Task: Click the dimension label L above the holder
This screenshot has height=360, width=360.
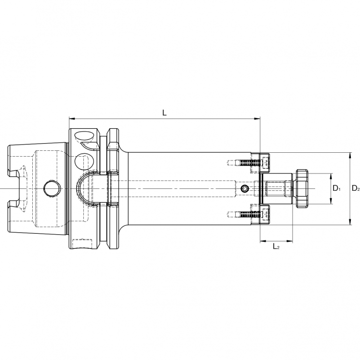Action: [164, 112]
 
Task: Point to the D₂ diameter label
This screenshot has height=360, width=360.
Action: [355, 188]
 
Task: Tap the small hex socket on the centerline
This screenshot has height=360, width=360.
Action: [245, 188]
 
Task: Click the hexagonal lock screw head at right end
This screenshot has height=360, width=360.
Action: [303, 188]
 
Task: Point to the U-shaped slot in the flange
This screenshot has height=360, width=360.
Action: [88, 188]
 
